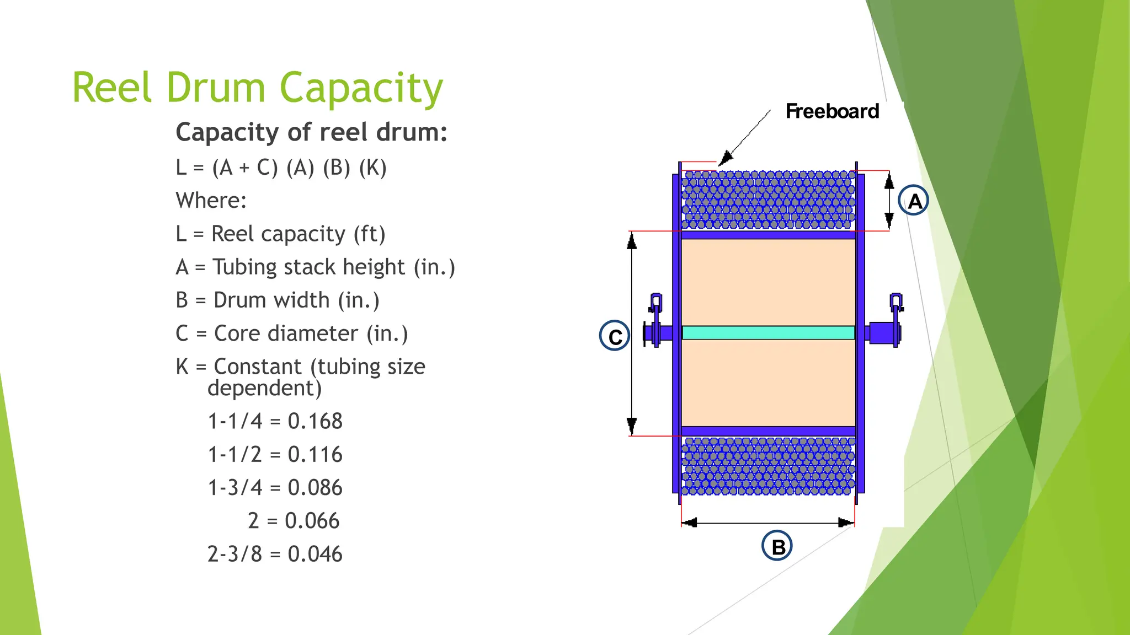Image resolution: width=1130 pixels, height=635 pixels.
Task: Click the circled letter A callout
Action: [914, 201]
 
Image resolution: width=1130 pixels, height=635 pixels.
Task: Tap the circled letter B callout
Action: [777, 546]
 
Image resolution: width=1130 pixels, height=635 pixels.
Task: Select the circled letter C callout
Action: [615, 336]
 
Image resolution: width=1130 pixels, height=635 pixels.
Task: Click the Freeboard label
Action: [832, 111]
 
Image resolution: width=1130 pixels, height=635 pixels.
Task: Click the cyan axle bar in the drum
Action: [768, 332]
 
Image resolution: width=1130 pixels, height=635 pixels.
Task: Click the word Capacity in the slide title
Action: [361, 88]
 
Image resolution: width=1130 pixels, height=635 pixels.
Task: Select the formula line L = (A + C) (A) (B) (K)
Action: [281, 168]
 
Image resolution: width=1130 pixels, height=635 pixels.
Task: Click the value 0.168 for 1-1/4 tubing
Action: [315, 422]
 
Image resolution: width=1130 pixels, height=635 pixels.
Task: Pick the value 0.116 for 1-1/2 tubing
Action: [315, 455]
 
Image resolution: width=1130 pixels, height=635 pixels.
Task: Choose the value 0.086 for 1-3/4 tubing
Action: [315, 488]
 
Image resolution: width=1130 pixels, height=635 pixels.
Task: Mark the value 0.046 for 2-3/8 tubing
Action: [315, 554]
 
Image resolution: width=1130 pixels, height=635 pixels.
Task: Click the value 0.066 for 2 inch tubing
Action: [312, 521]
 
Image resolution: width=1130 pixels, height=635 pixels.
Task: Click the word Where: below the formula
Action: [211, 201]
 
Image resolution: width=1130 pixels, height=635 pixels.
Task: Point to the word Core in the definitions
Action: [234, 333]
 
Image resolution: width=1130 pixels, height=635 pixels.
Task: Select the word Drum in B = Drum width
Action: [239, 300]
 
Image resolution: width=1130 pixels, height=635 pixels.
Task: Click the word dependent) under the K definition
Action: [264, 389]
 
